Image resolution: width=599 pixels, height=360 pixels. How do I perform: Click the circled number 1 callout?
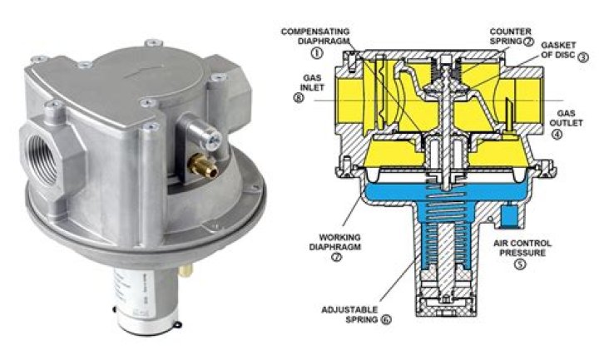point(317,52)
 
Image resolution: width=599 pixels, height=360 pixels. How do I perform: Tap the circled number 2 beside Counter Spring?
point(529,42)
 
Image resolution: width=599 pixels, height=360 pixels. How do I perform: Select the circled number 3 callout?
point(583,57)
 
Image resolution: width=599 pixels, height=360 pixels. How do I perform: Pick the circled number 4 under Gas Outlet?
point(557,135)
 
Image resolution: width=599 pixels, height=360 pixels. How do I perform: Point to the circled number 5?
point(519,264)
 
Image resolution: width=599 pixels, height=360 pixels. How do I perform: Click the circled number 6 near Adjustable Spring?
point(386,320)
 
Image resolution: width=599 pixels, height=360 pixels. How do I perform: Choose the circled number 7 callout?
point(336,257)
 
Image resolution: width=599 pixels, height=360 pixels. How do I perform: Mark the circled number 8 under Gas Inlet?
point(299,98)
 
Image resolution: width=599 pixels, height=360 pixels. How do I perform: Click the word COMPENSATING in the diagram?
point(314,32)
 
